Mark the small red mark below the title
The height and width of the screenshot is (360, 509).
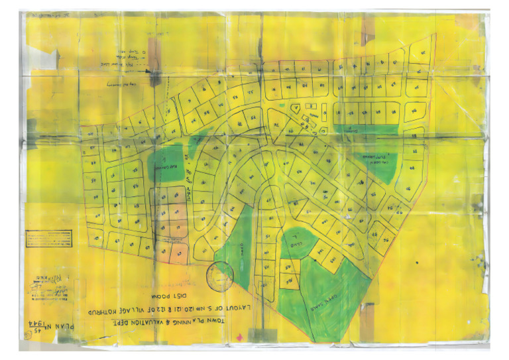(238, 337)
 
